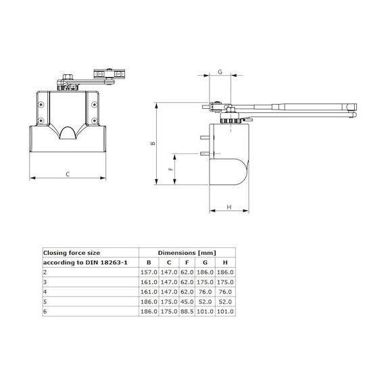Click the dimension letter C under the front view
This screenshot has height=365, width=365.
[x=68, y=174]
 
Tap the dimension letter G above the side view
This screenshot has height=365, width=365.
[x=220, y=72]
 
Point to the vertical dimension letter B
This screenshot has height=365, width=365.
[x=153, y=143]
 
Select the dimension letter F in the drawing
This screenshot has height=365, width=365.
[x=171, y=169]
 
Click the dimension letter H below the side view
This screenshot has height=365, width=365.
[x=229, y=207]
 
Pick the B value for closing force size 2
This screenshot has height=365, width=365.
[x=149, y=272]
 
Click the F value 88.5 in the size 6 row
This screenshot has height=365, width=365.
[x=187, y=312]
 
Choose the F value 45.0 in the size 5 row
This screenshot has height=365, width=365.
[x=187, y=301]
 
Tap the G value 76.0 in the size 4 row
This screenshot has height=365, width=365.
[x=205, y=292]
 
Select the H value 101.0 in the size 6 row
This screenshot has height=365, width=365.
[x=225, y=312]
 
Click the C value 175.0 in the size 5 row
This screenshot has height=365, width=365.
[x=169, y=301]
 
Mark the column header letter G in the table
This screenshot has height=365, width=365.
[x=205, y=262]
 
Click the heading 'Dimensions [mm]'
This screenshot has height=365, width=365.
[x=187, y=253]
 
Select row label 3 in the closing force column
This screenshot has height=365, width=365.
[x=45, y=282]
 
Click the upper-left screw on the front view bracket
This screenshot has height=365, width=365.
[x=41, y=105]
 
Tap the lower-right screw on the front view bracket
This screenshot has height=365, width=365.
[x=94, y=120]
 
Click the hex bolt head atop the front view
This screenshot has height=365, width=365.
[x=68, y=77]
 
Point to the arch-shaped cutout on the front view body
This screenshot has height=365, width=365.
[x=68, y=132]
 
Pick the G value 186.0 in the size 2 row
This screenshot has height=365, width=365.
[x=205, y=272]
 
